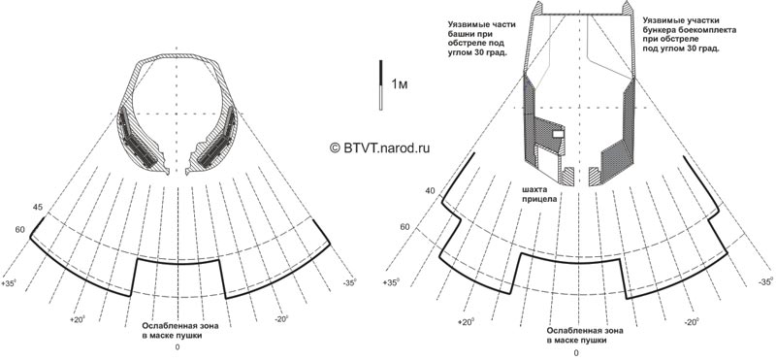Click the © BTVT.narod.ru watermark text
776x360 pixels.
coord(379,147)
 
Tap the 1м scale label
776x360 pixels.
coord(400,83)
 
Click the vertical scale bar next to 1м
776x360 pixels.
coord(380,84)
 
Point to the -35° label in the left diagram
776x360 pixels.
coord(348,282)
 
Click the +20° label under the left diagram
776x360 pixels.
coord(79,319)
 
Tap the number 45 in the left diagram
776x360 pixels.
coord(37,208)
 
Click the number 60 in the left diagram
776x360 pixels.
coord(20,229)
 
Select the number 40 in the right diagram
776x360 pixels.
coord(430,190)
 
